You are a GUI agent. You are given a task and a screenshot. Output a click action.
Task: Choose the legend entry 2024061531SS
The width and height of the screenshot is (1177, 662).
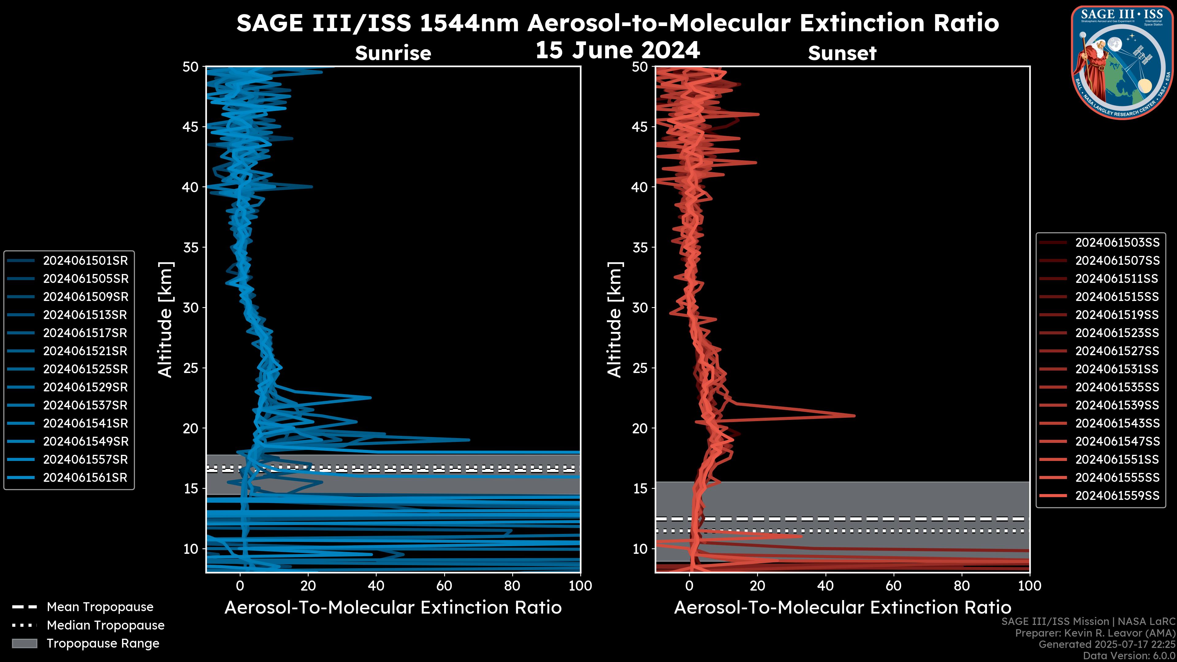coord(1117,369)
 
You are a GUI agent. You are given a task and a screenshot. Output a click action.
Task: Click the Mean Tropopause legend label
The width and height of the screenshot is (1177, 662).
coord(100,607)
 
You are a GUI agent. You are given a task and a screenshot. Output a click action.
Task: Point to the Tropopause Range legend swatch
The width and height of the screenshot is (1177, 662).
coord(24,643)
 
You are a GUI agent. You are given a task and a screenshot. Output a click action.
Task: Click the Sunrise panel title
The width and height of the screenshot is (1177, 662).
coord(393,53)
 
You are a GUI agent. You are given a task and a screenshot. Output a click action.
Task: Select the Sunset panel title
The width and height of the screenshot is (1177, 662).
coord(842,53)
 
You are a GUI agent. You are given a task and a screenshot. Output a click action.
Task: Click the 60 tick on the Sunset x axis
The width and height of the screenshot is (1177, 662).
coord(893,586)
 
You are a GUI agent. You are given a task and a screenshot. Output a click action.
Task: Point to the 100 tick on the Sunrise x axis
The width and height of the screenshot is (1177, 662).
coord(580,586)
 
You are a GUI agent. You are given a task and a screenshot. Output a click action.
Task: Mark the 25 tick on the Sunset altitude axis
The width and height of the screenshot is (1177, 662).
coord(640,368)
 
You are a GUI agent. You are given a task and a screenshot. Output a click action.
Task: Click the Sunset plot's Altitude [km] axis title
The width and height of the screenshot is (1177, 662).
coord(615,319)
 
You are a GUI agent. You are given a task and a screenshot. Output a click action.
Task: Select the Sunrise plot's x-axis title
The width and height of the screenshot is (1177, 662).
coord(393,608)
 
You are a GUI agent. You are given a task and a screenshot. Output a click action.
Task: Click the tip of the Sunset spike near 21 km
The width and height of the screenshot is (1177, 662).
coord(854,415)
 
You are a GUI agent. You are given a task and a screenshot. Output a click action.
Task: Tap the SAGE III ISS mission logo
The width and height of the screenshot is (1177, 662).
coord(1122,63)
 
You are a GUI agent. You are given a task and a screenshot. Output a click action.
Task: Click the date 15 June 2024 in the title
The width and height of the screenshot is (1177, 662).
coord(618,50)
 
